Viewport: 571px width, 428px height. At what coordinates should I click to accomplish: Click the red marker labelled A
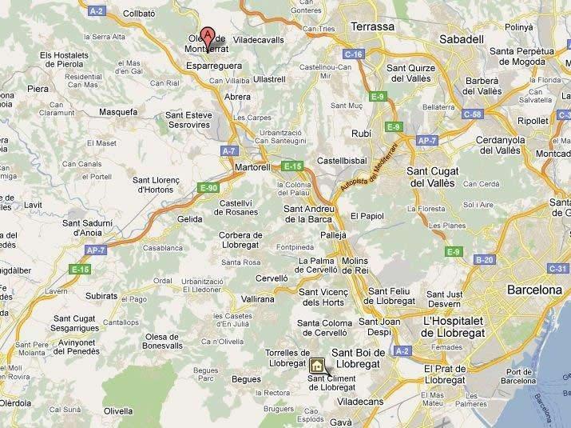tap(208, 36)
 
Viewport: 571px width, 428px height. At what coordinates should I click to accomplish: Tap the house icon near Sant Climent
tap(317, 366)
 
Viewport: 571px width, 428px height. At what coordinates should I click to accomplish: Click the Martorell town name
tap(254, 167)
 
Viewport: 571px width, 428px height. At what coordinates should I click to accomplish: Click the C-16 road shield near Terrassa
tap(355, 54)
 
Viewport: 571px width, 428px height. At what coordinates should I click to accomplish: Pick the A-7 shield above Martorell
tap(229, 150)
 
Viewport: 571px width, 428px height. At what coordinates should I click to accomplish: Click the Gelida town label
tap(190, 218)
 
